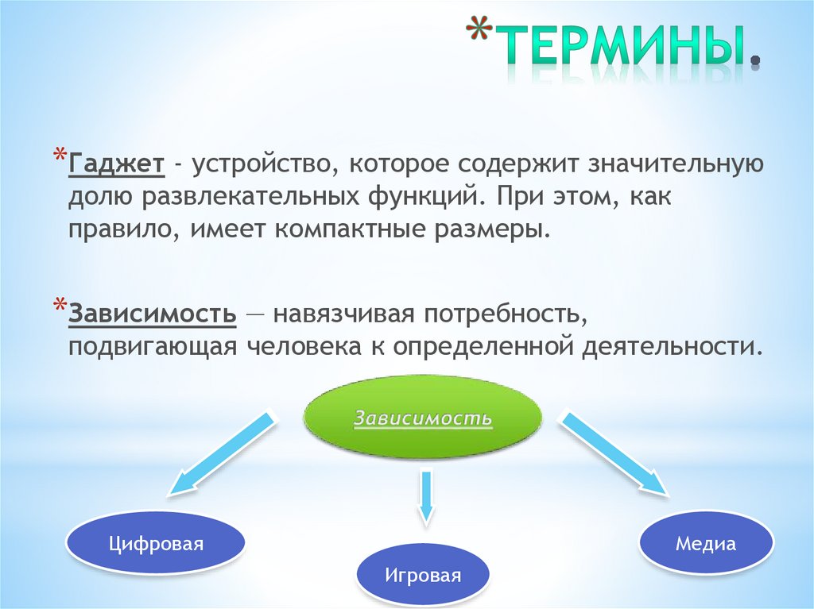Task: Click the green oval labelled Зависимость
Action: [x=423, y=418]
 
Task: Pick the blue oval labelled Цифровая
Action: [x=156, y=544]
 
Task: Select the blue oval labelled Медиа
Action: [x=705, y=544]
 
